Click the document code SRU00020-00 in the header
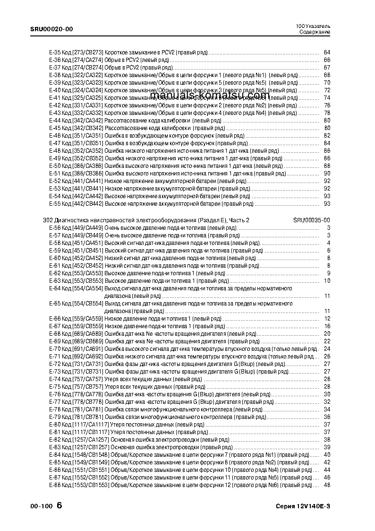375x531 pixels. click(51, 29)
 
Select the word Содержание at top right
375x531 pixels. click(315, 32)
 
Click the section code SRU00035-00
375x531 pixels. click(311, 220)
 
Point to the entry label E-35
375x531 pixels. click(55, 52)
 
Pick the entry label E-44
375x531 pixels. click(55, 120)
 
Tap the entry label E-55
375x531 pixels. click(55, 203)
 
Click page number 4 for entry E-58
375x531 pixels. click(328, 243)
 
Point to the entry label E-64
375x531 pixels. click(55, 288)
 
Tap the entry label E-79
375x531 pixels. click(55, 417)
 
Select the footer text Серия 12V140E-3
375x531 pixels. click(303, 506)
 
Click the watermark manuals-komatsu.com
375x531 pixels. click(211, 96)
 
